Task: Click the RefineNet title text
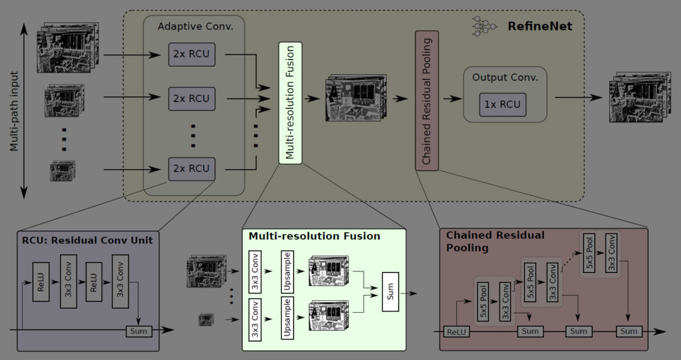click(540, 27)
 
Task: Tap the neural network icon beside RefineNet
click(483, 26)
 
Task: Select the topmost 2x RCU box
click(192, 53)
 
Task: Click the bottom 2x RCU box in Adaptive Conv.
click(192, 168)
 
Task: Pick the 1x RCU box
click(503, 104)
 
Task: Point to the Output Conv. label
click(505, 77)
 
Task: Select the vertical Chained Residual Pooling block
click(427, 100)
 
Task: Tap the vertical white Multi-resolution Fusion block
click(290, 102)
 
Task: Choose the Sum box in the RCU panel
click(139, 331)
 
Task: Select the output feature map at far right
click(634, 98)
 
